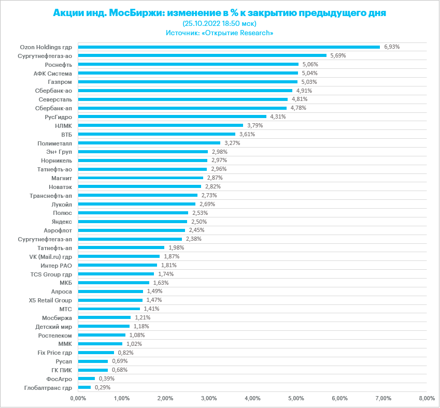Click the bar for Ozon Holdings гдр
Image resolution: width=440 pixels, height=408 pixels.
(228, 47)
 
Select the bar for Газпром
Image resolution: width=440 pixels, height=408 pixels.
(187, 82)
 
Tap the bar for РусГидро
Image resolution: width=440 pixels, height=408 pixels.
(172, 116)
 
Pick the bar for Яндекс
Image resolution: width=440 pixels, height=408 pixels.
(132, 222)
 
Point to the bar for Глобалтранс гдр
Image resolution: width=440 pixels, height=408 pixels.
(84, 388)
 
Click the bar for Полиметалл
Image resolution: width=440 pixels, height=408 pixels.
(149, 143)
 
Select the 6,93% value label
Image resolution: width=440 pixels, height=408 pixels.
(392, 47)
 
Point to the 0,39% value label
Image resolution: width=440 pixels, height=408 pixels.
(107, 379)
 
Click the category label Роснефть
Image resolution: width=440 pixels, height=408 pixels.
(59, 64)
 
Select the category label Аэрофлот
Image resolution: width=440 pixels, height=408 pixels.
(58, 230)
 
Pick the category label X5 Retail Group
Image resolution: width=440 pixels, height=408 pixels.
(50, 300)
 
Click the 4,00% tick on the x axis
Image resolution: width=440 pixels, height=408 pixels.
(252, 399)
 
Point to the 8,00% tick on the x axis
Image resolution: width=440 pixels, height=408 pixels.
(427, 399)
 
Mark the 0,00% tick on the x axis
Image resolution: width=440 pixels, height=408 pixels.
(77, 399)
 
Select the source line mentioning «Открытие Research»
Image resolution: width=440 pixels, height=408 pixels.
(220, 33)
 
